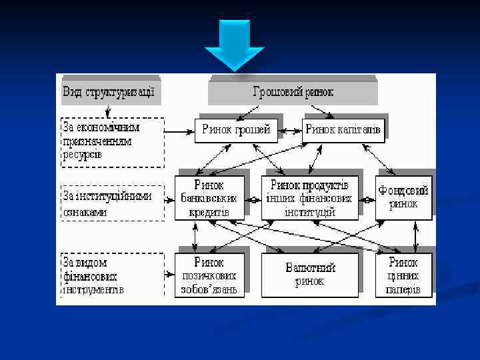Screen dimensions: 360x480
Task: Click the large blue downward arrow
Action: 235,45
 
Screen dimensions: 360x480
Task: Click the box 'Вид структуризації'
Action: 109,92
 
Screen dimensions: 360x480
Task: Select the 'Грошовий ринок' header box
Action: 293,92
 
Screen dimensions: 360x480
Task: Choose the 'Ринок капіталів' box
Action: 343,130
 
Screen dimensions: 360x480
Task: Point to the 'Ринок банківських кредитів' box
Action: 208,198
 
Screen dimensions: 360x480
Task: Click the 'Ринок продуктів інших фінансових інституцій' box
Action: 309,198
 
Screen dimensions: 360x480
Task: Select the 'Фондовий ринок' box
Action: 403,198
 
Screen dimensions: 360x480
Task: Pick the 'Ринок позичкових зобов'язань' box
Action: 208,275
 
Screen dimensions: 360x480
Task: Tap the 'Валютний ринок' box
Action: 309,275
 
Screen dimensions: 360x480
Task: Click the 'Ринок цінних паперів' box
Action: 403,275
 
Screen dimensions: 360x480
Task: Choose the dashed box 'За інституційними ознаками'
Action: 113,203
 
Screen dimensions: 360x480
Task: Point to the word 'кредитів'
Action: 208,211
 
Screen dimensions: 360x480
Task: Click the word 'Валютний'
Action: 310,268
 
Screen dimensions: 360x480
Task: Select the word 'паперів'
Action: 403,290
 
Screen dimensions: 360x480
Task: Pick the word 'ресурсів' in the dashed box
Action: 83,155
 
